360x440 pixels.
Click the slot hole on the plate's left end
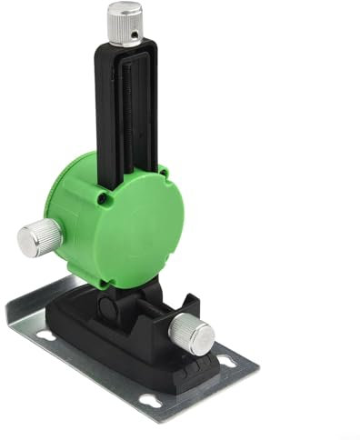point(44,335)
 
